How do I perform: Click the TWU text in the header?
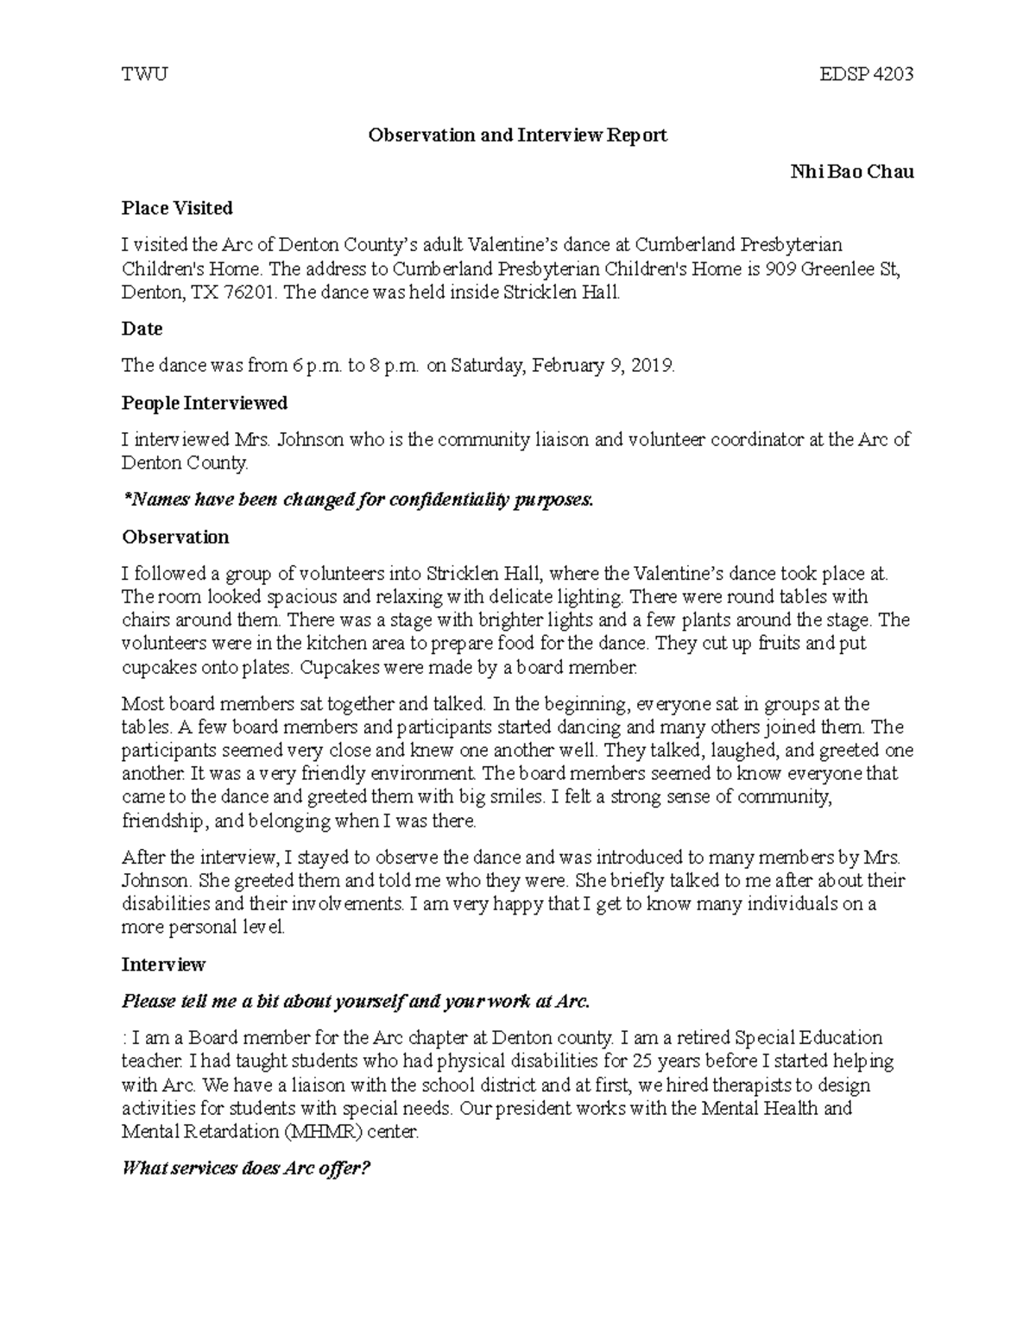144,74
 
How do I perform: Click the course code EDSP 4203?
866,74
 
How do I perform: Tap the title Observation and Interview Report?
518,135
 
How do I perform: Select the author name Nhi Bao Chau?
852,172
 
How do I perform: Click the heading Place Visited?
177,208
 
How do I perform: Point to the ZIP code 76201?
250,293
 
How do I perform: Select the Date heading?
142,329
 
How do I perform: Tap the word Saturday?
486,366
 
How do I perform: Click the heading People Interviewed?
205,403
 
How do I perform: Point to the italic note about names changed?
358,500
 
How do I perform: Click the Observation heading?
175,537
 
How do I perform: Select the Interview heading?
163,964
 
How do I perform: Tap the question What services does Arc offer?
246,1169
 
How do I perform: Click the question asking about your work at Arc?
356,1002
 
